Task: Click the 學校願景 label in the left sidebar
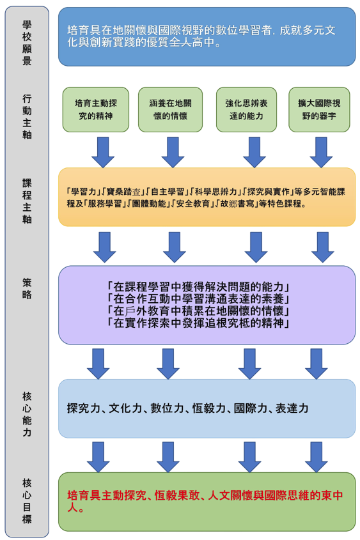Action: point(27,43)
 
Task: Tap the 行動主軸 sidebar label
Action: point(27,117)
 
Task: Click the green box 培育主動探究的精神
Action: point(96,109)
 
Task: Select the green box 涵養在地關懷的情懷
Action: point(173,109)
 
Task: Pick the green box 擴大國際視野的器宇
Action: point(319,109)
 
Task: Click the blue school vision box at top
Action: point(206,36)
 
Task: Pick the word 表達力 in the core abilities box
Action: point(292,407)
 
